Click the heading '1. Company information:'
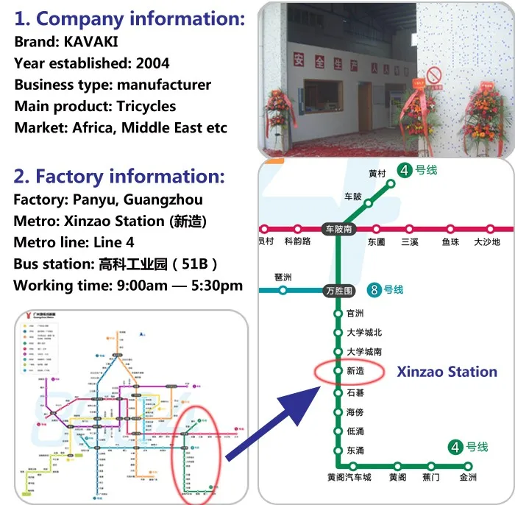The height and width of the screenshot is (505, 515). tap(129, 18)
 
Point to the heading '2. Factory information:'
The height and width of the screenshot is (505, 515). tap(119, 177)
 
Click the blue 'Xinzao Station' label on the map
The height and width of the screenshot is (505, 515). tap(447, 371)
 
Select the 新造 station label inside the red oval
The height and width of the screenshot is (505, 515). tap(355, 372)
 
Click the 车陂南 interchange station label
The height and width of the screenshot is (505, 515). tap(338, 229)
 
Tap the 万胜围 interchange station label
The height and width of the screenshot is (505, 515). tap(338, 291)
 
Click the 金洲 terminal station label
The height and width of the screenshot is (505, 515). tap(468, 478)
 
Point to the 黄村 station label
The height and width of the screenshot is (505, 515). tap(377, 174)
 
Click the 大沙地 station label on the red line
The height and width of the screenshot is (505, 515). tap(486, 241)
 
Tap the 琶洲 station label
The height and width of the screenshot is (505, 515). tap(283, 278)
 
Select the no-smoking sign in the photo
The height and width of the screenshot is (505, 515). tap(434, 74)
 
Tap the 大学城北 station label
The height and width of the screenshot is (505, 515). tap(364, 333)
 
